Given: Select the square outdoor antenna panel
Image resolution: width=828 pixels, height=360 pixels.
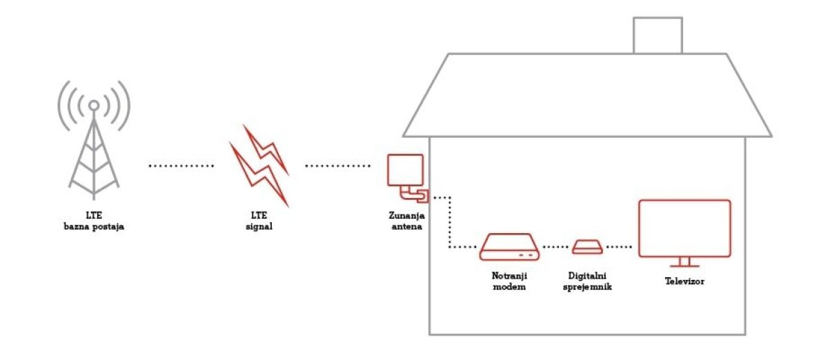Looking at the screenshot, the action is (405, 170).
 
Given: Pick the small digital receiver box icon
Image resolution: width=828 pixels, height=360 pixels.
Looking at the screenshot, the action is (587, 247).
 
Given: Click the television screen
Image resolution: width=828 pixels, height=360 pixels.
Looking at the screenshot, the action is (684, 228).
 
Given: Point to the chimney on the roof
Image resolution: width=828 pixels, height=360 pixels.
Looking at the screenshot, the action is (658, 35).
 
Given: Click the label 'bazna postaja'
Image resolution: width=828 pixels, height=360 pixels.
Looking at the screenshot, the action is (94, 227).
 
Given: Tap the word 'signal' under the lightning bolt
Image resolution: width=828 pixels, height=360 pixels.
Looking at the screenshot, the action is (259, 227).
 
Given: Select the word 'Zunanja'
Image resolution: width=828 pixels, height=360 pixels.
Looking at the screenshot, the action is (406, 215).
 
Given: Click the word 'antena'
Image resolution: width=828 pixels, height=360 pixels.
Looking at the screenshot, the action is (406, 227).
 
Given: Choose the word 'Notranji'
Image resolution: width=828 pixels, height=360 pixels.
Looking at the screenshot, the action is (509, 276).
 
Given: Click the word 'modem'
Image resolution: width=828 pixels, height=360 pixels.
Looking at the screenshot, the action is (509, 287).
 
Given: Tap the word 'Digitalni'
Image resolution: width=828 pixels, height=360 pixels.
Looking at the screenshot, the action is (587, 276).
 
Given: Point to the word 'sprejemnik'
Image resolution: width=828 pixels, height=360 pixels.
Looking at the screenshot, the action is (587, 287).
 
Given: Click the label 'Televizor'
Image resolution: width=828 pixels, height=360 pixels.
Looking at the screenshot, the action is (684, 281).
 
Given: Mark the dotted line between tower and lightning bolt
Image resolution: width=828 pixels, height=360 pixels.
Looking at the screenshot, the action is (181, 166).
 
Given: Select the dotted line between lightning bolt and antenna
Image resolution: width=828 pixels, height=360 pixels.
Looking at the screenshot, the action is (338, 166).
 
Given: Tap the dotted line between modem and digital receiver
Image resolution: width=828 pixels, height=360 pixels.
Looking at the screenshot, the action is (555, 247).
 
